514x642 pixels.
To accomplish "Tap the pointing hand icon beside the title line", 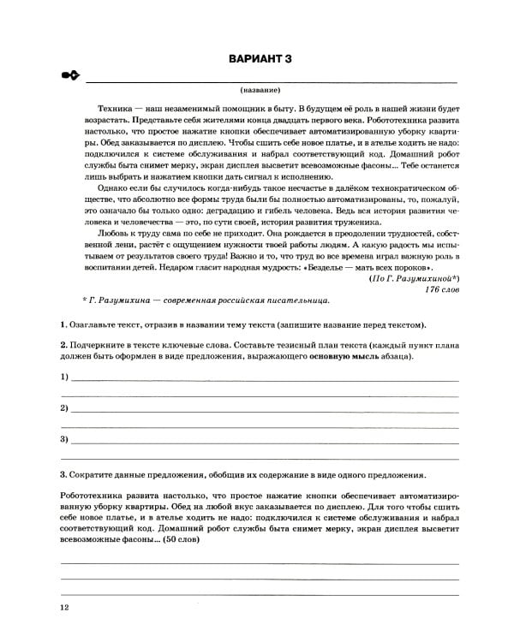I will [69, 77].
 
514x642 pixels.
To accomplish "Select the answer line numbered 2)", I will [264, 409].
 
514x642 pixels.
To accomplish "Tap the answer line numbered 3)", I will [264, 440].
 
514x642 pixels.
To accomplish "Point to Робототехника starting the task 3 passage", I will [95, 496].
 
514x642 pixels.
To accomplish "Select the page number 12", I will [64, 608].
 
